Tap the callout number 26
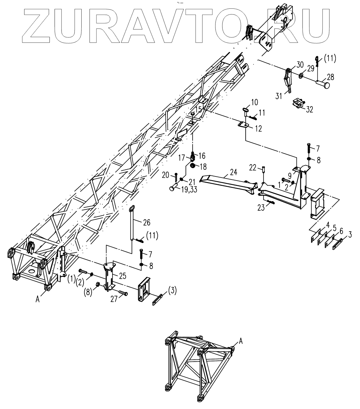[x=146, y=223]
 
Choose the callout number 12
[x=258, y=129]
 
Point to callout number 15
[x=199, y=110]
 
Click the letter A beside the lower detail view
[x=241, y=341]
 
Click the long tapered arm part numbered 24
[x=226, y=182]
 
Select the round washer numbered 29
[x=301, y=75]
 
